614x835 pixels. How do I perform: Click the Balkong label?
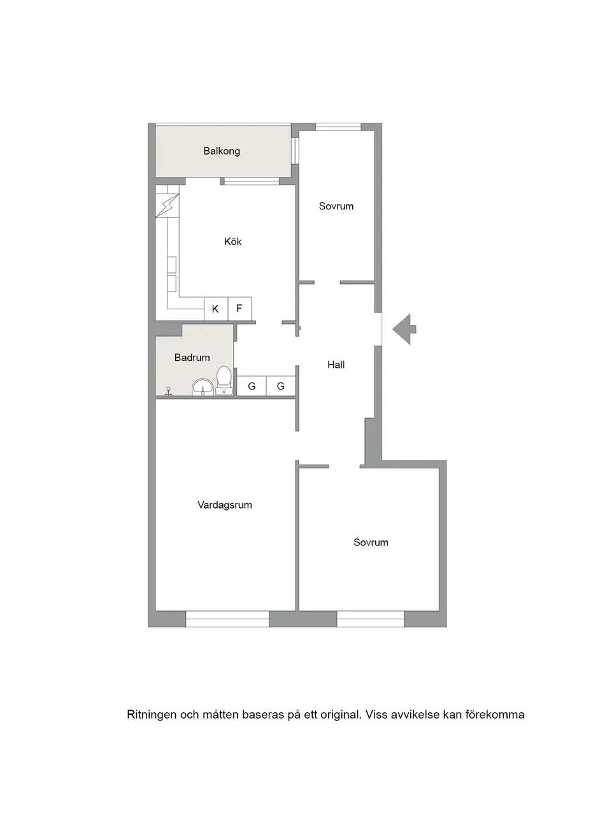(x=221, y=151)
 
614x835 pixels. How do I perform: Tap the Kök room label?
(x=232, y=241)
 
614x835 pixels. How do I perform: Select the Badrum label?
(x=192, y=358)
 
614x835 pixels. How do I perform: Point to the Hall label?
(x=336, y=365)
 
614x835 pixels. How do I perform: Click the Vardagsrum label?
(x=225, y=505)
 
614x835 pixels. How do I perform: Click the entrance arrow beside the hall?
(x=404, y=329)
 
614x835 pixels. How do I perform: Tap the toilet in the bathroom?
(x=224, y=380)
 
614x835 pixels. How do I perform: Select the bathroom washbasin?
(x=203, y=388)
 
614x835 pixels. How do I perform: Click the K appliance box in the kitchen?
(x=216, y=309)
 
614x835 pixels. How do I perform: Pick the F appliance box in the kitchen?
(x=239, y=309)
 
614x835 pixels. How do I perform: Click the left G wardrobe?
(x=252, y=386)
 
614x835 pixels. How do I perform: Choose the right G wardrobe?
(x=281, y=386)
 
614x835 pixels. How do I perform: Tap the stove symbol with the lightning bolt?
(x=167, y=206)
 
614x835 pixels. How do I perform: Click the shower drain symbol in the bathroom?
(x=169, y=391)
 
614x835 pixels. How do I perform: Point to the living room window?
(x=227, y=619)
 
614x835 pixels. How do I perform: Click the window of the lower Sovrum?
(x=371, y=619)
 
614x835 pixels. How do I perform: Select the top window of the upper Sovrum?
(x=338, y=127)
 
